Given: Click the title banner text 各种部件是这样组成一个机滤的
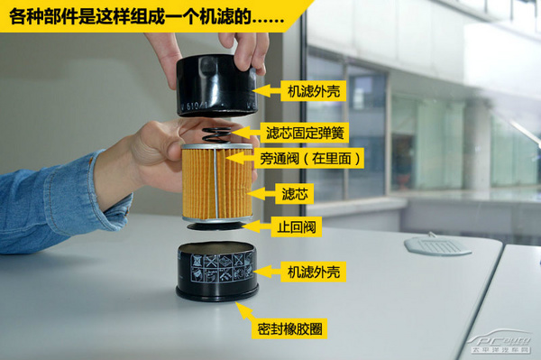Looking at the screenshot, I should tap(144, 16).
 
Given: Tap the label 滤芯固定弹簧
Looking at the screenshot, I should tap(304, 133).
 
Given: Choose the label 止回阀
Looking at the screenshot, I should tap(298, 226).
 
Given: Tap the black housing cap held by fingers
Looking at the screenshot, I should tap(215, 86).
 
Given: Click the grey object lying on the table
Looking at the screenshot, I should tap(437, 244).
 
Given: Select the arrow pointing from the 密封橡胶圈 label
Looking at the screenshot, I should tap(243, 310).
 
